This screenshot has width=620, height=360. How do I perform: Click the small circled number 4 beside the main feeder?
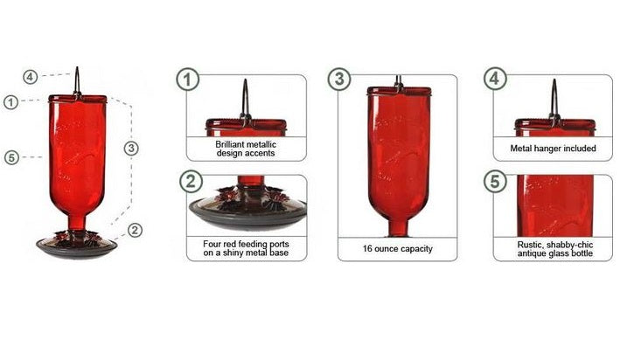(x=31, y=77)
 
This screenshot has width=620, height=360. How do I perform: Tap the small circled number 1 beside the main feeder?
(x=10, y=102)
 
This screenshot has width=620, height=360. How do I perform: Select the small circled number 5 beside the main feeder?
(x=10, y=158)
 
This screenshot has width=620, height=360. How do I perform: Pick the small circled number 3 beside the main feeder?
(x=131, y=148)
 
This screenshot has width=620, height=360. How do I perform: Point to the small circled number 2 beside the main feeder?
(x=135, y=231)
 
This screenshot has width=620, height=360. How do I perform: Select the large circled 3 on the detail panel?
(x=339, y=79)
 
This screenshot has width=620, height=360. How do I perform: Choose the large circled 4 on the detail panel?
(x=496, y=79)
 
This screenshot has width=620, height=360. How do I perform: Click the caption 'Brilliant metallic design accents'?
(x=245, y=148)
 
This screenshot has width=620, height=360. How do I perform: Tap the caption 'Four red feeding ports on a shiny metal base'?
(x=245, y=248)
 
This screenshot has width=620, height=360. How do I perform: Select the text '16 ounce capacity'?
(x=398, y=249)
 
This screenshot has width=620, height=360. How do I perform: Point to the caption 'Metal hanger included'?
(x=553, y=149)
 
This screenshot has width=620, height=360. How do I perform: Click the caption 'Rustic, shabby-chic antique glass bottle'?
(x=553, y=248)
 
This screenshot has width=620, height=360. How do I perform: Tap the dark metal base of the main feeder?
(x=77, y=248)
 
